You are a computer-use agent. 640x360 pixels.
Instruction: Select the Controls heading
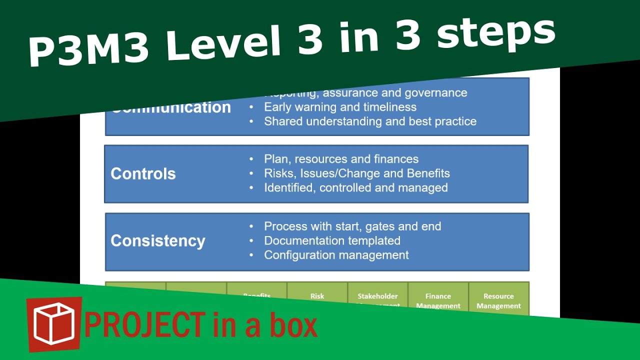(x=143, y=174)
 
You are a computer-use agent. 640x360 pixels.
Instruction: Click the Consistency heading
(x=158, y=241)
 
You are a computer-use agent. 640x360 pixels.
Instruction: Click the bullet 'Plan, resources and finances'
(x=341, y=159)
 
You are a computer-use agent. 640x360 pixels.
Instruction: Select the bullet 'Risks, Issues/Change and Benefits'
(x=356, y=173)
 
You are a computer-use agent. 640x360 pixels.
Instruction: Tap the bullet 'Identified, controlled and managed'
(x=355, y=188)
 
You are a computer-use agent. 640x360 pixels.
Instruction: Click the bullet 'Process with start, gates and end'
(x=352, y=226)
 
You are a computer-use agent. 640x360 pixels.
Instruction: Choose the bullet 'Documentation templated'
(x=332, y=241)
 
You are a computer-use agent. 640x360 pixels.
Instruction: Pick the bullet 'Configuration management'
(x=336, y=255)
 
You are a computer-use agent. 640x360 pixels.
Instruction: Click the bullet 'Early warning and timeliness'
(x=340, y=107)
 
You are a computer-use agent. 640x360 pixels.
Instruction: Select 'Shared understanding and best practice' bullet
(x=370, y=121)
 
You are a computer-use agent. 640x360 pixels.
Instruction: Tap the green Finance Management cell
(x=438, y=300)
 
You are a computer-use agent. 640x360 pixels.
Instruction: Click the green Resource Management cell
(x=498, y=300)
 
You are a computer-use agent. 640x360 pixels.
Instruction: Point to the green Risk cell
(x=317, y=296)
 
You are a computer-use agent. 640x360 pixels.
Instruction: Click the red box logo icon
(x=54, y=323)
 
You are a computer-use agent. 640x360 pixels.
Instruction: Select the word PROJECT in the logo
(x=144, y=325)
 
